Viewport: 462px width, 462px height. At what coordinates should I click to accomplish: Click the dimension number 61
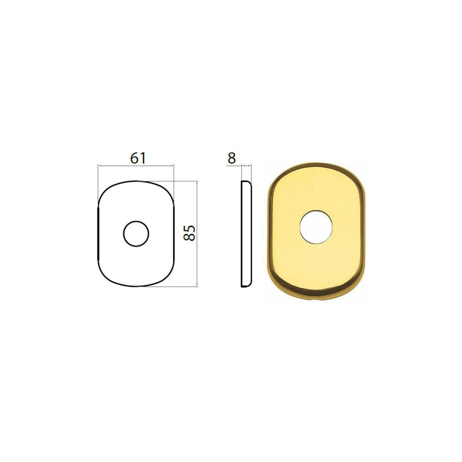pos(138,158)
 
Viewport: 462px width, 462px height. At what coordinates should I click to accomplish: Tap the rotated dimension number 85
pos(189,233)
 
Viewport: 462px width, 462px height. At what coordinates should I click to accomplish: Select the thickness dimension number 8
pos(232,158)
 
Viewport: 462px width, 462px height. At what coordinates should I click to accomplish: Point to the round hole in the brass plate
pos(316,227)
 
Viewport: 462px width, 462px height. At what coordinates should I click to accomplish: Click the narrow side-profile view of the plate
pos(247,234)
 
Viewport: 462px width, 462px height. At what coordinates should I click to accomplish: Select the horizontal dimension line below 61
pos(136,166)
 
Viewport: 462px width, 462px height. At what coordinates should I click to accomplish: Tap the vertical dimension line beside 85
pos(196,234)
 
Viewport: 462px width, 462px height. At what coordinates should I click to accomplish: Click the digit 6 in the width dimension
pos(134,158)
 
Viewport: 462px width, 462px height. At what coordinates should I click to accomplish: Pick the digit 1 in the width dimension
pos(143,158)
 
